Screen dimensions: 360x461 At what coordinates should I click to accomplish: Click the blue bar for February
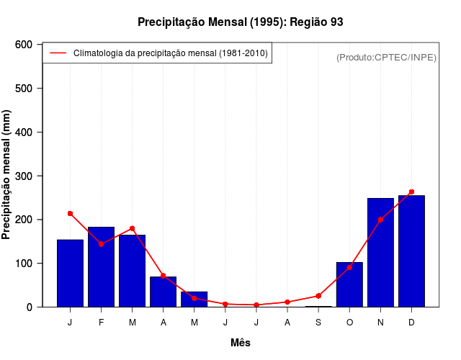click(101, 266)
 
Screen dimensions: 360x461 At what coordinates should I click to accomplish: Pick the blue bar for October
click(349, 284)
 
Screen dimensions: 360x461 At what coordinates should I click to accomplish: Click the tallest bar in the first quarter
click(101, 266)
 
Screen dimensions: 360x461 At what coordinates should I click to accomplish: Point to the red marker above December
click(411, 192)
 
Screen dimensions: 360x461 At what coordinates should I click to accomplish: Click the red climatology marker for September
click(318, 296)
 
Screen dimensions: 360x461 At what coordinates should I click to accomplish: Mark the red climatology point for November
click(380, 220)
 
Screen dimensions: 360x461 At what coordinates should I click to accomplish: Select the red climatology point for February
click(101, 244)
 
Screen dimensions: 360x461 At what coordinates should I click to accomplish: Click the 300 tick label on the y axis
click(24, 176)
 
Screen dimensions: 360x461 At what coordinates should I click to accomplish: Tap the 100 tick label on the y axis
click(24, 264)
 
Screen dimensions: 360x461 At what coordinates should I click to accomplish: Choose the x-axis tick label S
click(318, 323)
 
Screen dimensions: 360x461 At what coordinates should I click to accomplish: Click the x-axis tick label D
click(411, 323)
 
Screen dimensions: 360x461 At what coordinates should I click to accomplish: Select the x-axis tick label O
click(349, 323)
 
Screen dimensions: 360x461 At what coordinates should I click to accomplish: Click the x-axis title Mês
click(241, 343)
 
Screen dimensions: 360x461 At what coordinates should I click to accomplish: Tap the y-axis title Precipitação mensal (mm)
click(7, 176)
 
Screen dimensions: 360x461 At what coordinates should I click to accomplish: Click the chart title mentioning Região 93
click(241, 22)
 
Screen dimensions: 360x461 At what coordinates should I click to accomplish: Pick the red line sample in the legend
click(58, 53)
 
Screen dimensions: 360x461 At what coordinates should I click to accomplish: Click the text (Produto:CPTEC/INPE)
click(386, 57)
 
